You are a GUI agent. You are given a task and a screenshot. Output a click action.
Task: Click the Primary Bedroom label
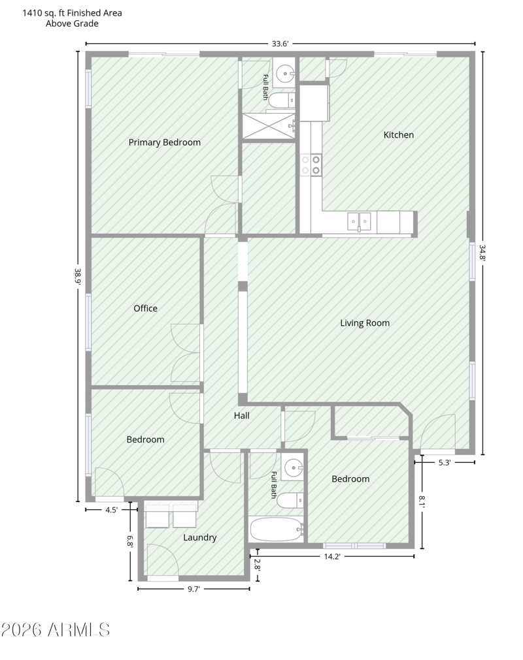point(164,142)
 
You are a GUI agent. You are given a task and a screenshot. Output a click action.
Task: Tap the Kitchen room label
point(398,134)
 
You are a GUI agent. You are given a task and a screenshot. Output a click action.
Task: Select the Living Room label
point(365,323)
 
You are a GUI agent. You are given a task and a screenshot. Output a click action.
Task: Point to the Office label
point(145,308)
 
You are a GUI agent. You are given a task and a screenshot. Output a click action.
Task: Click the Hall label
point(241,415)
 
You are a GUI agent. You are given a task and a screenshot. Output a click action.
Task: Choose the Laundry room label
point(200,537)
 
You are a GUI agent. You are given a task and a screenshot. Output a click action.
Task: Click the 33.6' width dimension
point(280,43)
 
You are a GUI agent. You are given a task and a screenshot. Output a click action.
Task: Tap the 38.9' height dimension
point(78,277)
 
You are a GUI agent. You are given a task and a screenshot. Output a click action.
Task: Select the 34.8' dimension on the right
point(482,253)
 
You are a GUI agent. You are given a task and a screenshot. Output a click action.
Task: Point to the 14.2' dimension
point(331,556)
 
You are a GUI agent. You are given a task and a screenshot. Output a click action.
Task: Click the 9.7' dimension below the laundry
point(194,589)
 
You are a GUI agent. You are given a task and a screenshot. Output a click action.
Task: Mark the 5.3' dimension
point(444,462)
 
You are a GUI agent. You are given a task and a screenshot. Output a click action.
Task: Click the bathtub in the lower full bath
point(277,529)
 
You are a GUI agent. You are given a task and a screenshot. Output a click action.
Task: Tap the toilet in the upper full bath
point(282,101)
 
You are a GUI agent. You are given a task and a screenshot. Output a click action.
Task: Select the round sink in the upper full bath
point(285,74)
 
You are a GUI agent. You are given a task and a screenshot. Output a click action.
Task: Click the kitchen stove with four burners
point(311,165)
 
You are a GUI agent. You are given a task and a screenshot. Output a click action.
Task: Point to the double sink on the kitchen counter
point(359,221)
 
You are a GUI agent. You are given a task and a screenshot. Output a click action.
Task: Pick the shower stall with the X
point(269,125)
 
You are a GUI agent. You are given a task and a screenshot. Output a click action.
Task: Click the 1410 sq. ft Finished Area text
point(72,13)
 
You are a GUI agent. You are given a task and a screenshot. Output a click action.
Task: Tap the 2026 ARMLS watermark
point(55,630)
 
